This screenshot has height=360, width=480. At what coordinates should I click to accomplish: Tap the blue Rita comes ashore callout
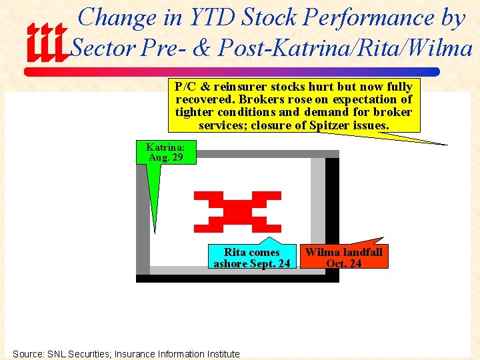pos(251,257)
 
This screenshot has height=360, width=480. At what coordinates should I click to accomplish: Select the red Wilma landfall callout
pos(343,257)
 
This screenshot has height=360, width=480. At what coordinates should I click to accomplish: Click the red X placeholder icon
pos(237,212)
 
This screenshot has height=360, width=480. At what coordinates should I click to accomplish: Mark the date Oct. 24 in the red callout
pos(343,263)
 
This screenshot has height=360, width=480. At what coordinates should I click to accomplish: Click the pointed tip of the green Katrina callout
pos(155,233)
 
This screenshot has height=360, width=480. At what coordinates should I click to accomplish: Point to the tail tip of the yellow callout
pos(447,144)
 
